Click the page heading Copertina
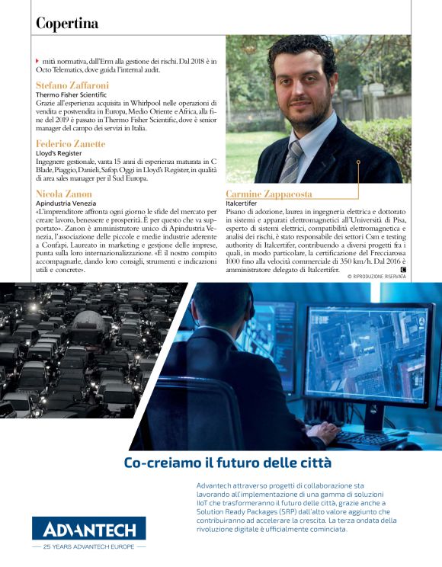click(x=67, y=24)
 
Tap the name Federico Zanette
click(x=70, y=143)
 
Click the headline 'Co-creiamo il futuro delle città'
click(x=217, y=463)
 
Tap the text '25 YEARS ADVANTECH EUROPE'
click(x=89, y=546)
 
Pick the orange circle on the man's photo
click(x=357, y=162)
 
